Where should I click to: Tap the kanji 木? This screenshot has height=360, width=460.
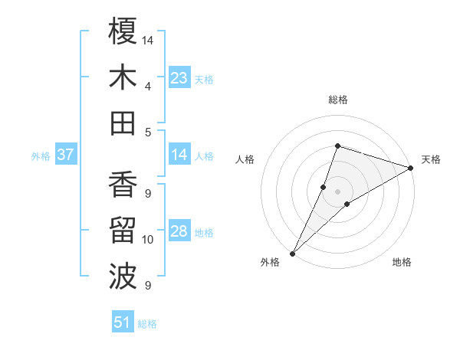(x=123, y=77)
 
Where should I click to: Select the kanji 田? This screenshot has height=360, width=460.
(x=123, y=123)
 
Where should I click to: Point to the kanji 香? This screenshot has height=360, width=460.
(x=123, y=184)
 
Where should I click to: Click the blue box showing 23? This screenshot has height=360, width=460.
(x=179, y=78)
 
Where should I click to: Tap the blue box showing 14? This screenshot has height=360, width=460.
(x=179, y=155)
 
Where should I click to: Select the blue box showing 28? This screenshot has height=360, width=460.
(x=179, y=232)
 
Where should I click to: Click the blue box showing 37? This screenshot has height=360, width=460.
(x=65, y=155)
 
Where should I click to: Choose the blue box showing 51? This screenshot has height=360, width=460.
(x=123, y=322)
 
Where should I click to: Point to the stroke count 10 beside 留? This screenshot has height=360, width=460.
(x=148, y=240)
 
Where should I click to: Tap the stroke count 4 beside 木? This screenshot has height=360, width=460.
(x=147, y=87)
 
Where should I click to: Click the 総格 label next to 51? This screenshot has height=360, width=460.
(x=147, y=324)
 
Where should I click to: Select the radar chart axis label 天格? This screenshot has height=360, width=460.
(x=431, y=159)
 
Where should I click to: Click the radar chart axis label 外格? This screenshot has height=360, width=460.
(x=270, y=262)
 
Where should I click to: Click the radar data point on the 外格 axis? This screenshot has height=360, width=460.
(x=292, y=253)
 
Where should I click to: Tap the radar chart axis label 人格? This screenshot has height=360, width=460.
(x=245, y=159)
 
